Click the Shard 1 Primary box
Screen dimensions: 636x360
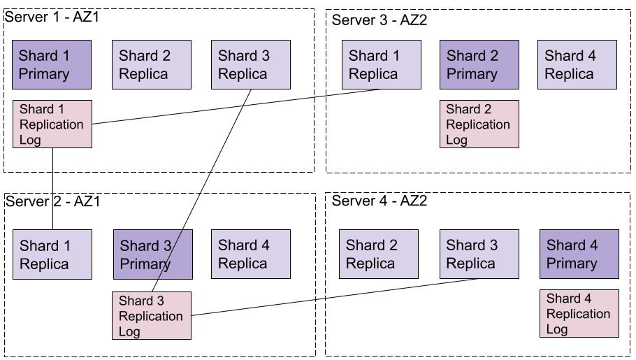pos(52,64)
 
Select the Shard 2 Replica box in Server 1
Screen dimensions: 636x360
pos(152,64)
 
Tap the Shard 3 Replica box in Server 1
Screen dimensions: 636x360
pos(251,64)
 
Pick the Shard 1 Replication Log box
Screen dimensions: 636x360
pos(52,124)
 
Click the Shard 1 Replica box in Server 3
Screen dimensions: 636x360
pos(382,64)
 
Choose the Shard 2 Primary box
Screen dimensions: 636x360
pos(479,64)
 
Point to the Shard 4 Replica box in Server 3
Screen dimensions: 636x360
pos(577,64)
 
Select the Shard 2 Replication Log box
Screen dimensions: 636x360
pos(479,124)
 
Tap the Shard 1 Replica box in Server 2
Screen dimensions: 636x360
pos(52,254)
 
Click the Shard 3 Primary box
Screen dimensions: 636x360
pos(153,254)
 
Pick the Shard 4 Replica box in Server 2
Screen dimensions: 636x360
pos(251,254)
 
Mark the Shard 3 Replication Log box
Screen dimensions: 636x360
pos(152,316)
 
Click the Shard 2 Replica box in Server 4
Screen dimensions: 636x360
pos(379,254)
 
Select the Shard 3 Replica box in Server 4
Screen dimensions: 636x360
pos(479,254)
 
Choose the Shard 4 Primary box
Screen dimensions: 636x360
pos(579,254)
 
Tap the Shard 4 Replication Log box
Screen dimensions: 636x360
pos(579,313)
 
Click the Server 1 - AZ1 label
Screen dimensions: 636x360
pos(52,17)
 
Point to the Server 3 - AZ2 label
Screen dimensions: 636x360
pos(380,20)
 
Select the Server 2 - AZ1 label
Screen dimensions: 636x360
pos(52,201)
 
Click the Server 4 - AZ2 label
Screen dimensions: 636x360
pos(380,201)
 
